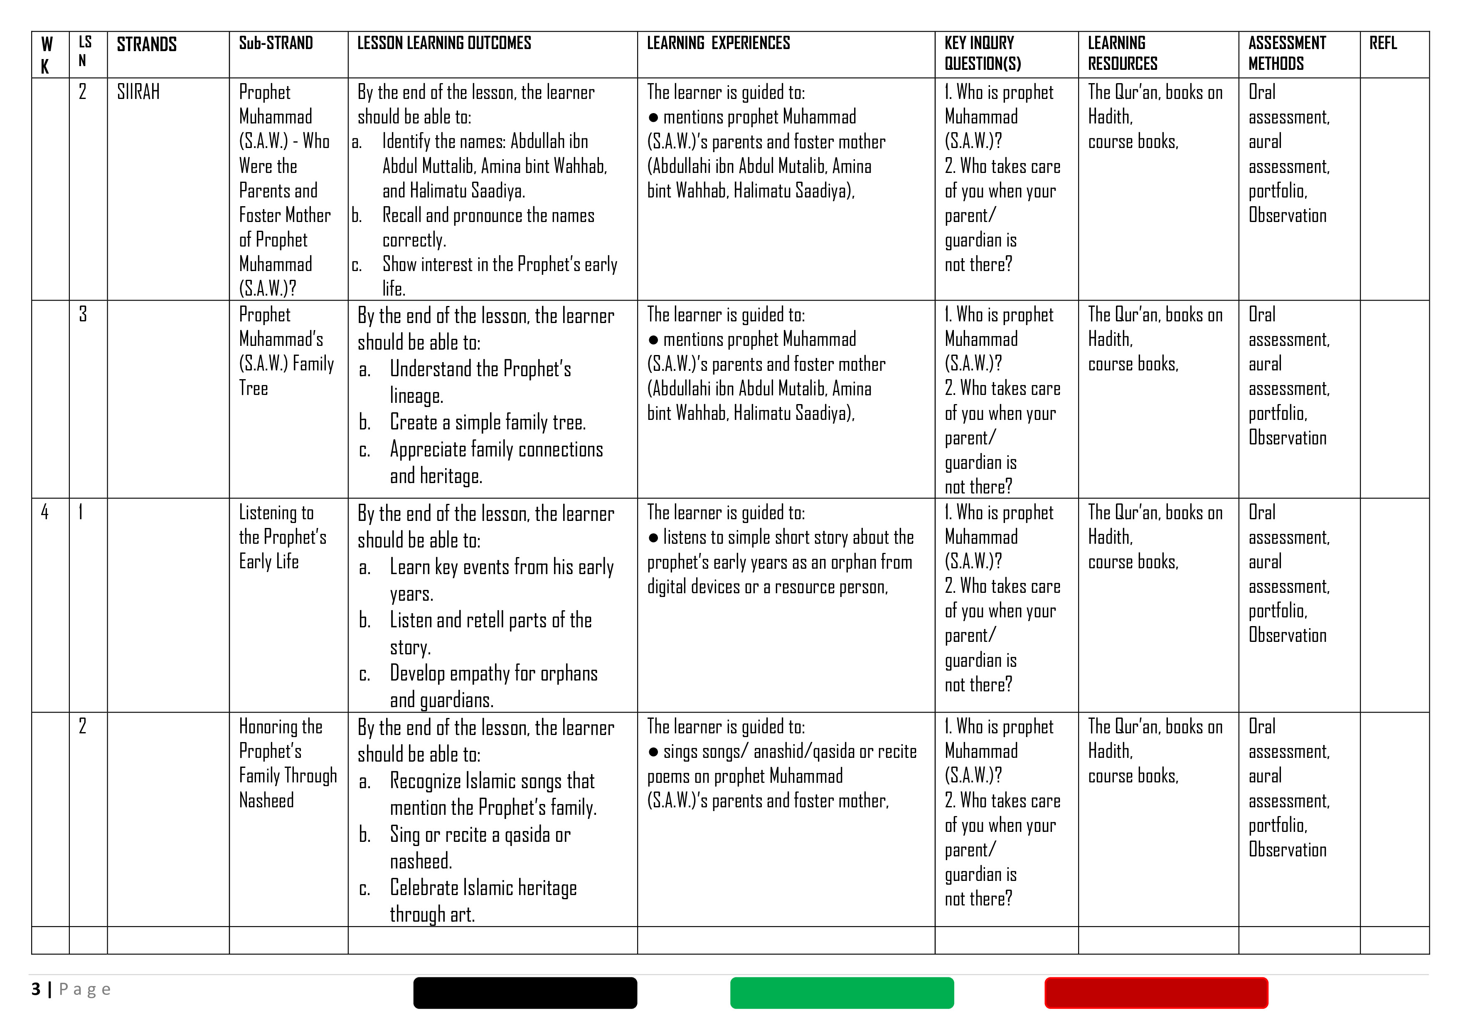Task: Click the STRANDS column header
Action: point(147,44)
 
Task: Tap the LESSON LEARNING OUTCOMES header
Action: point(444,43)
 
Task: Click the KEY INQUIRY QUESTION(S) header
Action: point(983,53)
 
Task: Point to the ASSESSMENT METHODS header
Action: point(1286,53)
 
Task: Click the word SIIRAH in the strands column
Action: point(138,92)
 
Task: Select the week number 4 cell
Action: point(45,512)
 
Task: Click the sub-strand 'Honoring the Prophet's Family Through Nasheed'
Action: point(287,763)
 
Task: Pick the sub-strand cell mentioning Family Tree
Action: point(286,351)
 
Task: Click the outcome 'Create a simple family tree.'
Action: point(487,422)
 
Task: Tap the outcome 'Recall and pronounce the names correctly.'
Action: point(488,227)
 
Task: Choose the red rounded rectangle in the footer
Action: point(1156,993)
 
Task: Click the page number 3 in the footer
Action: point(36,989)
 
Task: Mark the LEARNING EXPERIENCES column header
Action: point(718,43)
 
